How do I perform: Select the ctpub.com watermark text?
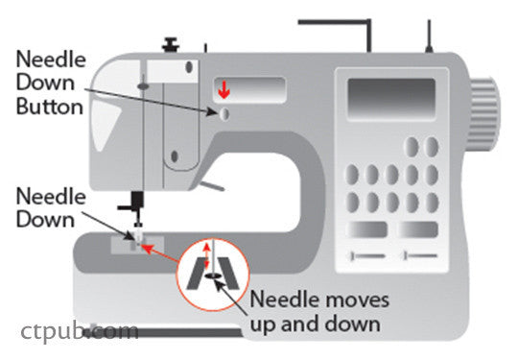(x=80, y=332)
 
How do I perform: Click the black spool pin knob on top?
(x=172, y=43)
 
